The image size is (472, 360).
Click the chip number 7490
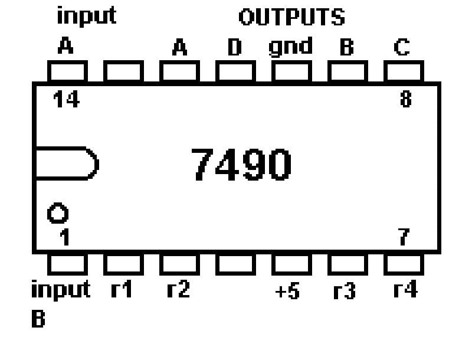tap(242, 165)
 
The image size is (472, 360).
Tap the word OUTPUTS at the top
tap(291, 18)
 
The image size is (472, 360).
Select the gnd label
tap(290, 47)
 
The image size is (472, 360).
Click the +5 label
tap(289, 292)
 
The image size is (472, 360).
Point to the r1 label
tap(121, 291)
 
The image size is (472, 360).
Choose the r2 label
tap(178, 291)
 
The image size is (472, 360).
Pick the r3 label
tap(344, 292)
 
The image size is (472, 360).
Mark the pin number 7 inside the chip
tap(403, 238)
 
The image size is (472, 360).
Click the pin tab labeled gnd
tap(291, 72)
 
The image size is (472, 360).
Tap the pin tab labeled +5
tap(291, 263)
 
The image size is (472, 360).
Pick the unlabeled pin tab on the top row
tap(123, 72)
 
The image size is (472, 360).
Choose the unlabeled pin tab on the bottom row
tap(235, 263)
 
